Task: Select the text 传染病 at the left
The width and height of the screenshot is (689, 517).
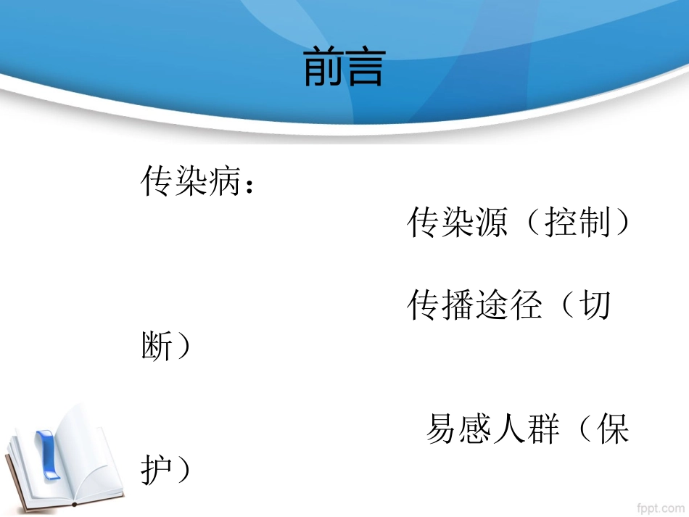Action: click(x=190, y=181)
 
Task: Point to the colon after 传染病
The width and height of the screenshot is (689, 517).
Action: click(x=249, y=186)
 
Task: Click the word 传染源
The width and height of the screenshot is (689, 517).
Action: click(x=456, y=223)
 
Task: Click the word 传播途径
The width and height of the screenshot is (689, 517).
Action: click(x=474, y=306)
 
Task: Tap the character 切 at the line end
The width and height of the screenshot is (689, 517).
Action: click(x=595, y=306)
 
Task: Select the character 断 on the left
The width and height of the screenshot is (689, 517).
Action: click(x=157, y=347)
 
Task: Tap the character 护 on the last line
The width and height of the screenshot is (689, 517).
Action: click(x=157, y=471)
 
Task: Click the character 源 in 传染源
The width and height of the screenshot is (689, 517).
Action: click(x=491, y=223)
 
